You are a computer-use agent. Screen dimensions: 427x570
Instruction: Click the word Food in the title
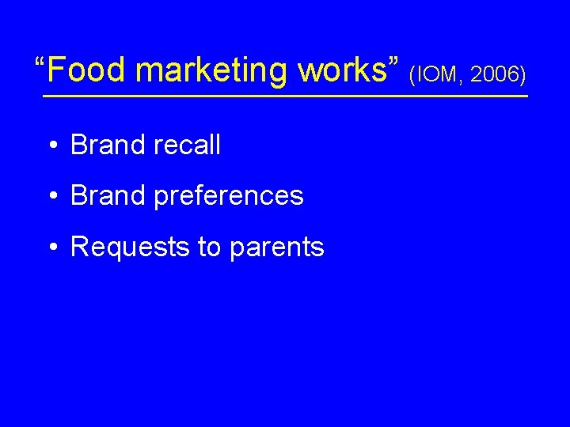[x=88, y=70]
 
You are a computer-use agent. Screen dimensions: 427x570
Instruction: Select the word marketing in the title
[x=212, y=70]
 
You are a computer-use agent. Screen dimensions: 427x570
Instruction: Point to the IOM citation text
[x=434, y=75]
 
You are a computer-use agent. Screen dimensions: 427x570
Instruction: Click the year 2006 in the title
[x=495, y=75]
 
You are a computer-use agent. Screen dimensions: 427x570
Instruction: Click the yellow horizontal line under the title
[x=285, y=96]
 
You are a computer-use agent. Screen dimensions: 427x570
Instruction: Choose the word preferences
[x=229, y=197]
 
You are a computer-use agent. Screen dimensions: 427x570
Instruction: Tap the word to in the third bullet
[x=210, y=248]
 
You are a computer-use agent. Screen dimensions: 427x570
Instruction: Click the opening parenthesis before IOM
[x=412, y=76]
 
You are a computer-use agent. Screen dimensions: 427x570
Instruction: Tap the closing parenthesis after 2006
[x=522, y=76]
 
